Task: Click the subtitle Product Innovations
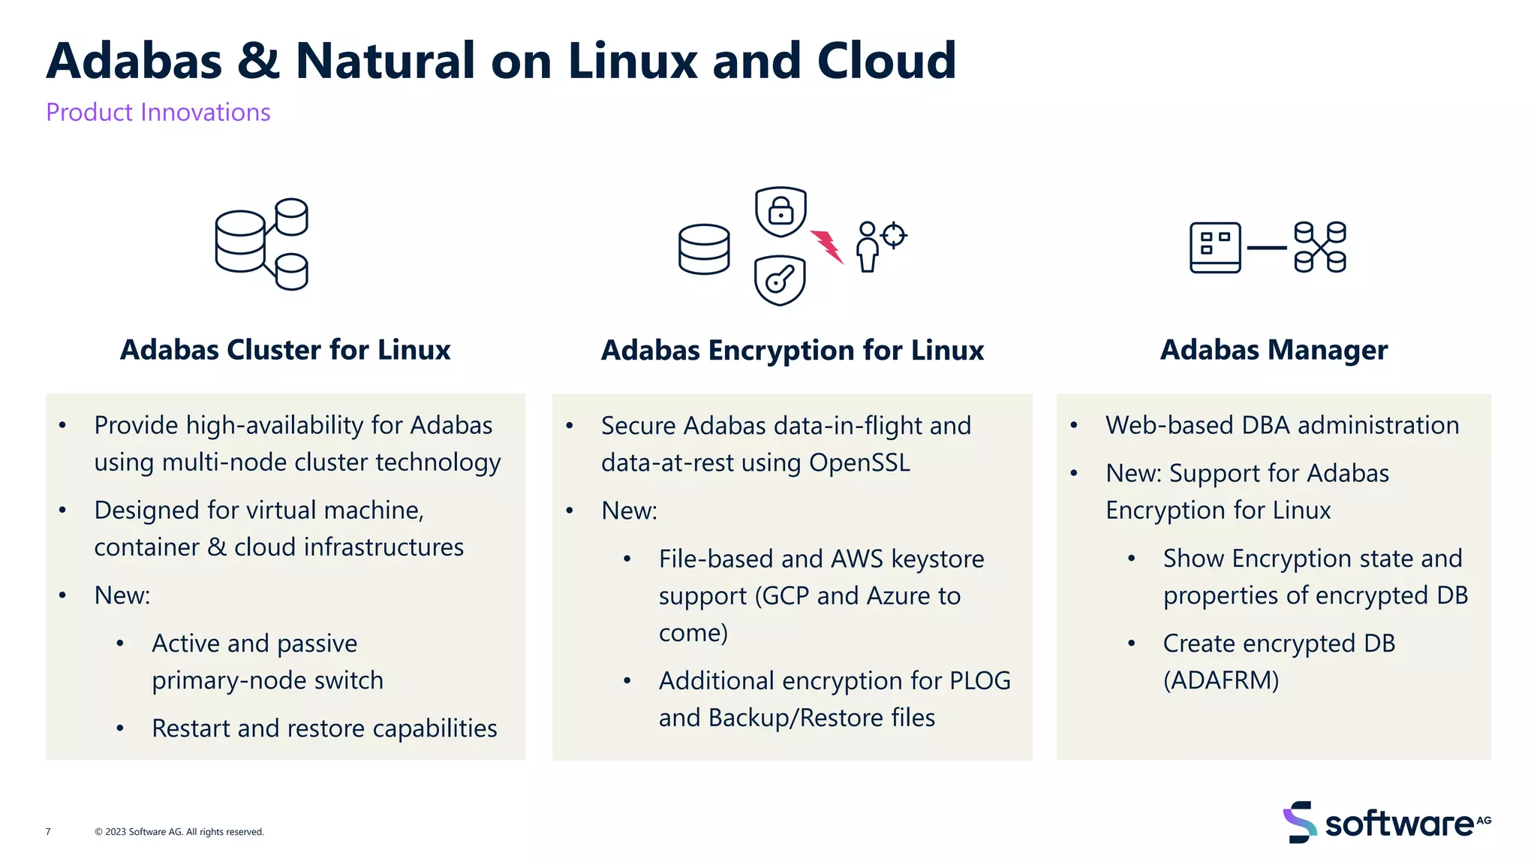158,112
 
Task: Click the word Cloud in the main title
886,60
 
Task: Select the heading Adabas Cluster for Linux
285,350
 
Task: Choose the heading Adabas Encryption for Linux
793,351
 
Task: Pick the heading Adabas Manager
1274,350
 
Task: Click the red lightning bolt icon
827,246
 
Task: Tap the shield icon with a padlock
781,211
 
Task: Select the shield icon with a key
780,281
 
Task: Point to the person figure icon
868,247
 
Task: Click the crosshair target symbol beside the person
893,235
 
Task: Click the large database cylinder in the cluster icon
240,241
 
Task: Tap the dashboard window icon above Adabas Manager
1215,248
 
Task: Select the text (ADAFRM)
1221,680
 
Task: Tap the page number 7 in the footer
48,832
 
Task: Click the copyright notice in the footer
179,832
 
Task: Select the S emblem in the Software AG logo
1299,822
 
